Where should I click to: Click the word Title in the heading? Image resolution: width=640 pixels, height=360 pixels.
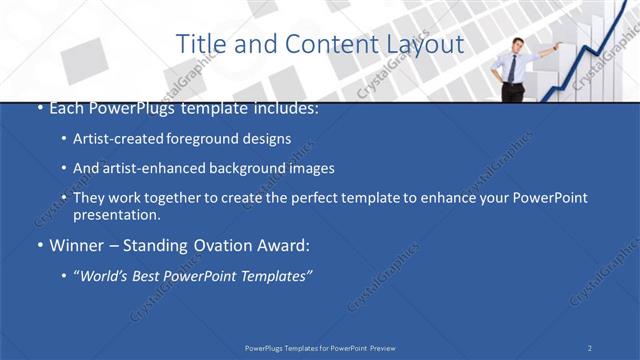198,45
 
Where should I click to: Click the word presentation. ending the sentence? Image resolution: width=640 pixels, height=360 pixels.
117,215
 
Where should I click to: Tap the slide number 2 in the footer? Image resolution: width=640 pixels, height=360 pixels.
590,347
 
